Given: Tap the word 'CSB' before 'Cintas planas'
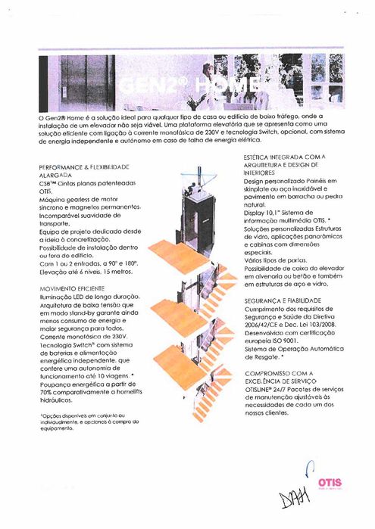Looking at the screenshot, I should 47,185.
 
